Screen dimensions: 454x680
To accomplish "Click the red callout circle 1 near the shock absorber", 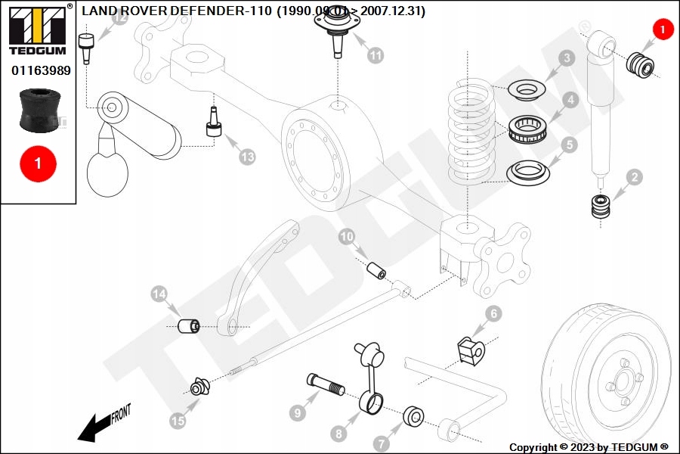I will click(662, 30).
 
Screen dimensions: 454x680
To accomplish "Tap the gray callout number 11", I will click(376, 55).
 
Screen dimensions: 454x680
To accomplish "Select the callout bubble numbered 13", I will click(248, 157).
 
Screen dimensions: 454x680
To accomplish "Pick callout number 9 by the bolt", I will click(298, 413).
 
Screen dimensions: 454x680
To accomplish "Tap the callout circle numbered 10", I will click(347, 238).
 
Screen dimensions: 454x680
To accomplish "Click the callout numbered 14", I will click(159, 294).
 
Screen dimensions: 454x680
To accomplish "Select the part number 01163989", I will click(41, 70).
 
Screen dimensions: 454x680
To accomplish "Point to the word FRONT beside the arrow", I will click(121, 413).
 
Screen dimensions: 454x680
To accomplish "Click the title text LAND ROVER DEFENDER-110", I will click(177, 11).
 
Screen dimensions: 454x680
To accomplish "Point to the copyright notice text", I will click(589, 446).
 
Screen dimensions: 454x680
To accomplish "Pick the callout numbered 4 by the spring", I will click(568, 99).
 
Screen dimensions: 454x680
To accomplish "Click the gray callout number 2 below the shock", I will click(635, 178).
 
